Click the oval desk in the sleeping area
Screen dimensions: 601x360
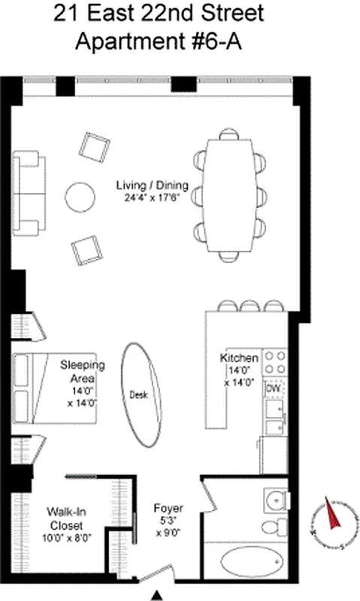[144, 394]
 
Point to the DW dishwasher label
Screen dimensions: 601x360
[273, 389]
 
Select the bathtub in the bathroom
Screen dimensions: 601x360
[251, 561]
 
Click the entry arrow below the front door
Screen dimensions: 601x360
[156, 595]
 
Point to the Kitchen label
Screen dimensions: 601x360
[239, 358]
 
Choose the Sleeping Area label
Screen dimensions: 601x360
[83, 372]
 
